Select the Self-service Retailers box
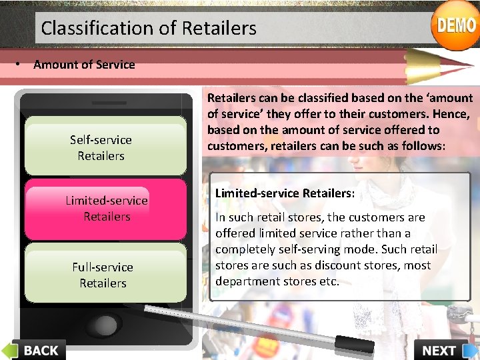(x=105, y=147)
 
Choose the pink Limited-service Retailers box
(x=105, y=209)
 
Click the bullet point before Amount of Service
(x=22, y=65)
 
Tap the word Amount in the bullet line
(x=54, y=65)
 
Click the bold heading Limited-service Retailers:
(x=285, y=193)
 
